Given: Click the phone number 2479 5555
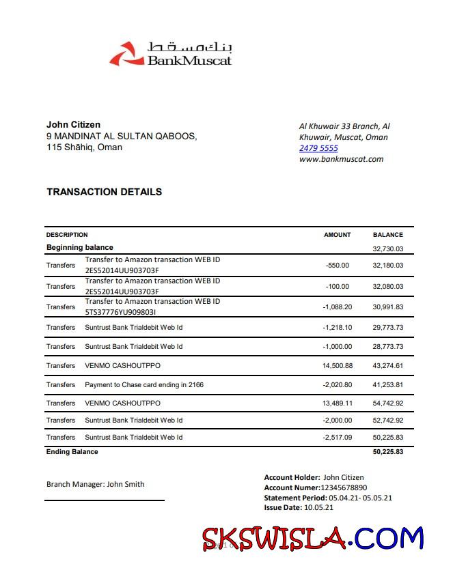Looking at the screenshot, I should tap(318, 148).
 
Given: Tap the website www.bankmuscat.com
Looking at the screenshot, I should tap(341, 159).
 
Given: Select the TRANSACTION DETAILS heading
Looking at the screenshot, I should tap(104, 192).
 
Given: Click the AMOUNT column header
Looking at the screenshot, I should tap(337, 235).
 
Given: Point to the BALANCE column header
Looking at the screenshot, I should tap(387, 235).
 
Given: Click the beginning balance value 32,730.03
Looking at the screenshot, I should tap(387, 249).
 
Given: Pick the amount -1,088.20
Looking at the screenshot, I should tap(337, 307).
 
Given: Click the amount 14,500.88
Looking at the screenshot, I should tap(337, 366).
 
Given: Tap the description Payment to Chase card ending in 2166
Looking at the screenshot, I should tap(143, 385).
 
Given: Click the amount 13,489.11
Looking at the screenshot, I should tap(337, 403).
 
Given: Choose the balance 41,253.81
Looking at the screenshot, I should tap(387, 385).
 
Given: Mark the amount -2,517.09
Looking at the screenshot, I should tap(337, 438).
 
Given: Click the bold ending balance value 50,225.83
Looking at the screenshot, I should tap(387, 452).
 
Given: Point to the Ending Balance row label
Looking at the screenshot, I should tap(72, 452).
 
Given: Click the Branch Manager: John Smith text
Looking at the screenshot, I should tap(95, 484).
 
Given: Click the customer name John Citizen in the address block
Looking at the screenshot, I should tap(73, 124).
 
